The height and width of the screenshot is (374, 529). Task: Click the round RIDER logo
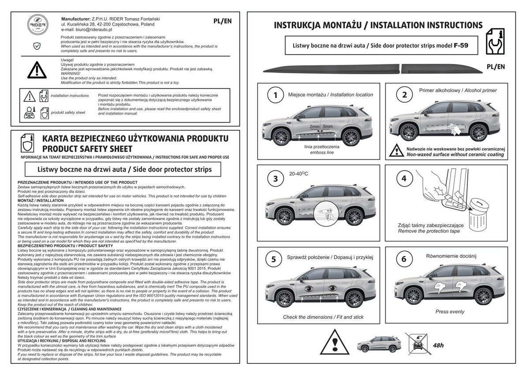pyautogui.click(x=38, y=25)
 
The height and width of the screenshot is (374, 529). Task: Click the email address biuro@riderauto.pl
pyautogui.click(x=94, y=30)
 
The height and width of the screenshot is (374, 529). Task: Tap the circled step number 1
pyautogui.click(x=276, y=95)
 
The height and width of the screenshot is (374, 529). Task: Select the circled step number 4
pyautogui.click(x=404, y=178)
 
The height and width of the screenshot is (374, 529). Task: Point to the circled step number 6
pyautogui.click(x=404, y=259)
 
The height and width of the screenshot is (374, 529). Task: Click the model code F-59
pyautogui.click(x=461, y=45)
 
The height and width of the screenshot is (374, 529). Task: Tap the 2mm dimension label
pyautogui.click(x=315, y=127)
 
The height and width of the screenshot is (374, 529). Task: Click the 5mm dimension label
pyautogui.click(x=328, y=127)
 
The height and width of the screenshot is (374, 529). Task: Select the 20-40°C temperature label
pyautogui.click(x=298, y=174)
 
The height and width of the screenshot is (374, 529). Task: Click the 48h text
pyautogui.click(x=438, y=345)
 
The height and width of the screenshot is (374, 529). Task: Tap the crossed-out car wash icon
pyautogui.click(x=417, y=344)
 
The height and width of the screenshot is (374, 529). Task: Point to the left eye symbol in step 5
pyautogui.click(x=309, y=288)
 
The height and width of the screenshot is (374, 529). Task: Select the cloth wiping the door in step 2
pyautogui.click(x=454, y=129)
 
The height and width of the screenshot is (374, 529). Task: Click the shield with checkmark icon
pyautogui.click(x=37, y=46)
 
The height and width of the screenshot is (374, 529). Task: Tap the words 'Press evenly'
pyautogui.click(x=450, y=312)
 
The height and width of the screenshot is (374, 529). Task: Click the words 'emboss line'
pyautogui.click(x=322, y=153)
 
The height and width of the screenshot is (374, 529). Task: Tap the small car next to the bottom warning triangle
pyautogui.click(x=379, y=344)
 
